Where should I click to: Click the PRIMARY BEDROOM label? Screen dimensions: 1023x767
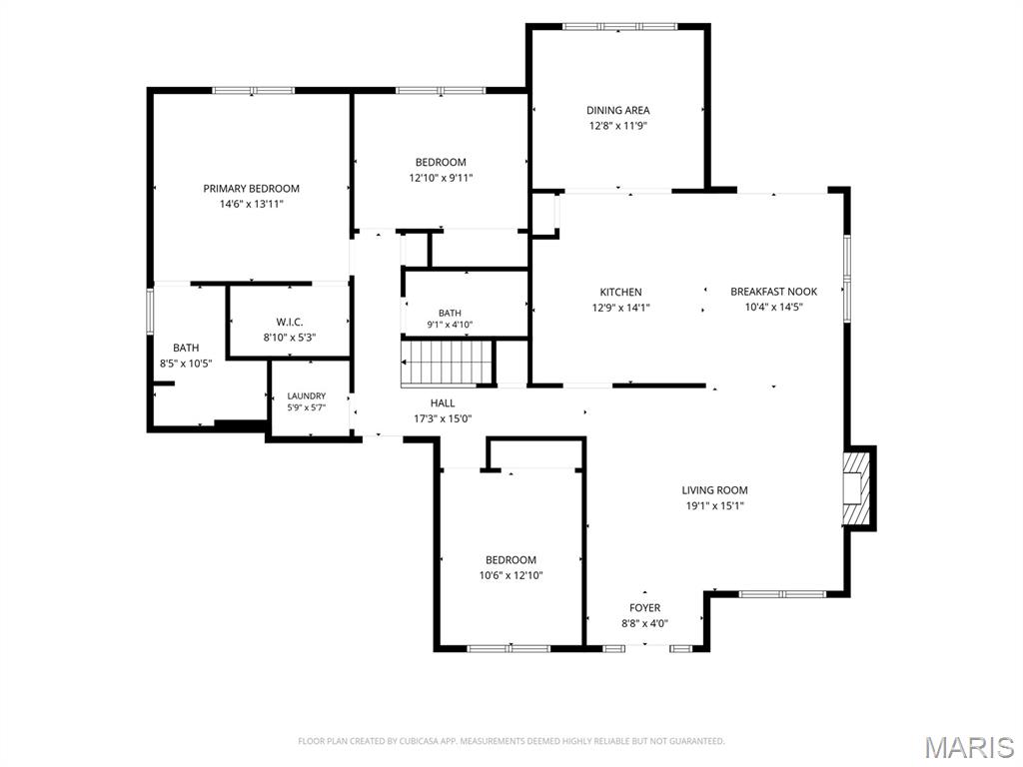pos(251,189)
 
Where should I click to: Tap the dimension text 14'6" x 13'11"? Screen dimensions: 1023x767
pos(251,204)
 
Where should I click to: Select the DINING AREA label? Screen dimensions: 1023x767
pos(617,110)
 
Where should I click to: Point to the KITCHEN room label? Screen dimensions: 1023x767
pos(621,293)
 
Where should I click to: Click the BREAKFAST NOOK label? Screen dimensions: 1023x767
pos(774,292)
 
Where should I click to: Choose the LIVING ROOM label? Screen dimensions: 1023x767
pos(715,489)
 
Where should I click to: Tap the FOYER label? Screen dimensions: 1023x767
pos(644,608)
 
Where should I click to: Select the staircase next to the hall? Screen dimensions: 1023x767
pos(447,363)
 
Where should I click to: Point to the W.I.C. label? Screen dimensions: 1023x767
pos(290,323)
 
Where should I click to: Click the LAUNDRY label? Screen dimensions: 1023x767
pos(307,395)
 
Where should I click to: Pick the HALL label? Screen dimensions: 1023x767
pos(443,403)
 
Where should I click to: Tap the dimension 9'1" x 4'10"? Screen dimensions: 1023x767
pos(450,325)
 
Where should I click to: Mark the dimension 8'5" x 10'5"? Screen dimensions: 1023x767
pos(186,364)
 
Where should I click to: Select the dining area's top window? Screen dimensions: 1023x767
pos(619,27)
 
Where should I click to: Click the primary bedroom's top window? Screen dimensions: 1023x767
pos(254,91)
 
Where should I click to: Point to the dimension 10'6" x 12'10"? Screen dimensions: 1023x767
pos(511,575)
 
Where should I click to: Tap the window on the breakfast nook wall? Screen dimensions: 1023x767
pos(847,278)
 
